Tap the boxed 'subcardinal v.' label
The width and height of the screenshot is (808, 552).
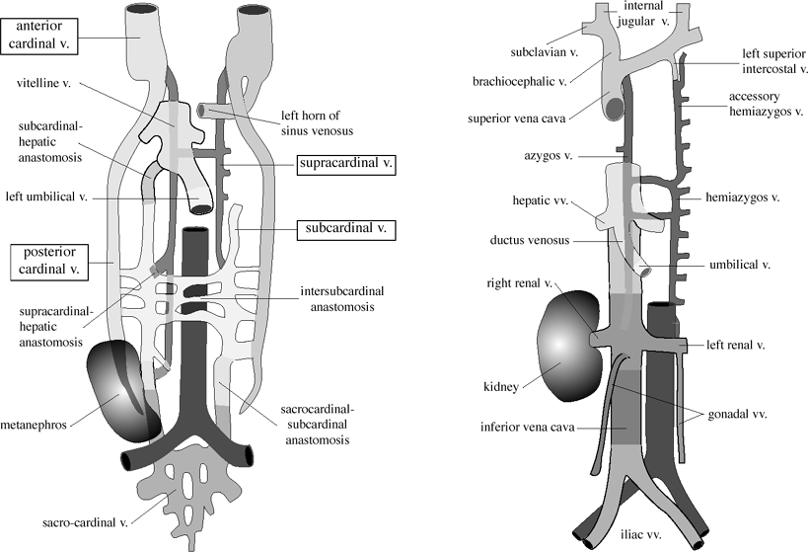(x=345, y=229)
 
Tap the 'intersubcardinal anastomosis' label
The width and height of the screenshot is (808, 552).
(x=339, y=299)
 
